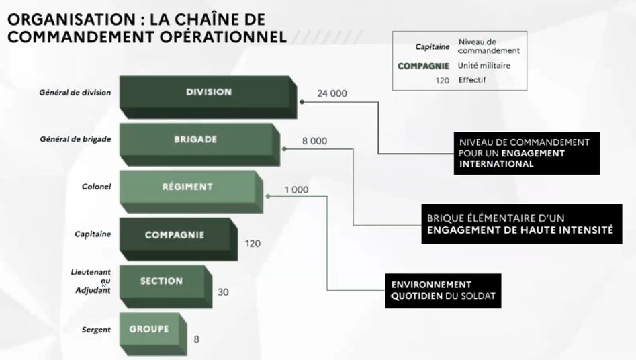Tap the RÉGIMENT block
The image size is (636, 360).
pyautogui.click(x=187, y=187)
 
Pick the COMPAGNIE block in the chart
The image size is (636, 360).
pyautogui.click(x=175, y=236)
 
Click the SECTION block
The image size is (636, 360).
pyautogui.click(x=161, y=281)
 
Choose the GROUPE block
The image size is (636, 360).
pyautogui.click(x=148, y=329)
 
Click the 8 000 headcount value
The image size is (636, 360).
pyautogui.click(x=314, y=141)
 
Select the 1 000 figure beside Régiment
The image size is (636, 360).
pyautogui.click(x=296, y=190)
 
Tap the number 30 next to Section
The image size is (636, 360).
pyautogui.click(x=224, y=292)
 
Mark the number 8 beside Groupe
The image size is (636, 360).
pyautogui.click(x=196, y=339)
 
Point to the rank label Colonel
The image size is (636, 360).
pyautogui.click(x=97, y=187)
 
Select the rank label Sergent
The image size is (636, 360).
pyautogui.click(x=96, y=330)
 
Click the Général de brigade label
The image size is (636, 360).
pyautogui.click(x=77, y=140)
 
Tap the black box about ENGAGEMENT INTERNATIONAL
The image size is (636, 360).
pyautogui.click(x=526, y=152)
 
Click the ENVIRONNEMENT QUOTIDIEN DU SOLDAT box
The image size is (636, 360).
pyautogui.click(x=443, y=289)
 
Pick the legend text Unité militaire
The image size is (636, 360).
pyautogui.click(x=484, y=66)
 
